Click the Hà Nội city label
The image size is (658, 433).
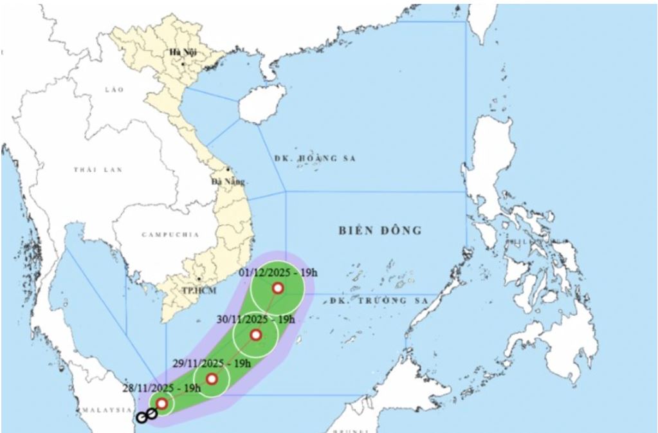tap(183, 51)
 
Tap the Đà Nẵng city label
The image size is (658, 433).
tap(224, 181)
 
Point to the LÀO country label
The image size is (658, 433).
tap(114, 89)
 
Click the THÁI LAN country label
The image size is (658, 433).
tap(89, 170)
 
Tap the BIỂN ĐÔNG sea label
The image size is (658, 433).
tap(381, 230)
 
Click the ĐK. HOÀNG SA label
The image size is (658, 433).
tap(315, 158)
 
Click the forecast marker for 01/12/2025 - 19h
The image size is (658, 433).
tap(278, 288)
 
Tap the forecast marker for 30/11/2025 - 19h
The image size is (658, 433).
tap(255, 335)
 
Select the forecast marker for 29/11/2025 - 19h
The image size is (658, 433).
tap(212, 379)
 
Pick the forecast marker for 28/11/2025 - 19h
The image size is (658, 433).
tap(162, 403)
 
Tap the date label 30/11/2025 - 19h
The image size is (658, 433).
tap(255, 318)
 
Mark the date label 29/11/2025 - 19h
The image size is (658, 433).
tap(212, 364)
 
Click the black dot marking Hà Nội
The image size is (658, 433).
tap(183, 64)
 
